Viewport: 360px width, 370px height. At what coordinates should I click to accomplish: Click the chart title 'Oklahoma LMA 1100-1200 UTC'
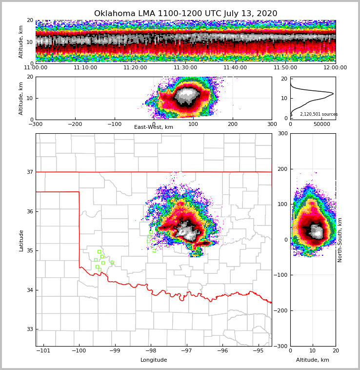click(185, 14)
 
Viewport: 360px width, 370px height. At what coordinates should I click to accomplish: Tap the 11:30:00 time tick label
click(185, 68)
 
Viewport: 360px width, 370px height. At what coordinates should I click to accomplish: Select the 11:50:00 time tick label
click(285, 68)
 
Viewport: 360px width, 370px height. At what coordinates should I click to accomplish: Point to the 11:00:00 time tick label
click(36, 68)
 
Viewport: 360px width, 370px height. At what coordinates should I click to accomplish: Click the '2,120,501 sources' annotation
click(319, 114)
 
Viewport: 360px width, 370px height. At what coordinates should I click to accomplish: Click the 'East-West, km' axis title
click(154, 127)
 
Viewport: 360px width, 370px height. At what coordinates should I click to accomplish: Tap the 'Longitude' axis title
click(154, 360)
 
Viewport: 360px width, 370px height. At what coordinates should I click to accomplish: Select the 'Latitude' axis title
click(21, 240)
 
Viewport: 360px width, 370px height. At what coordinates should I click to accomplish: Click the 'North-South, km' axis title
click(340, 240)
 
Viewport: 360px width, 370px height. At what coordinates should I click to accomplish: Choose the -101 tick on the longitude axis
click(43, 350)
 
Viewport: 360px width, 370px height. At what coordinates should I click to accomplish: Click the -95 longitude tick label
click(258, 350)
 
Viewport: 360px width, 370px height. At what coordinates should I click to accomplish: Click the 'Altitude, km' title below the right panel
click(313, 360)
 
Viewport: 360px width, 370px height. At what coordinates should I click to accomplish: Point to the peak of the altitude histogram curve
click(333, 93)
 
